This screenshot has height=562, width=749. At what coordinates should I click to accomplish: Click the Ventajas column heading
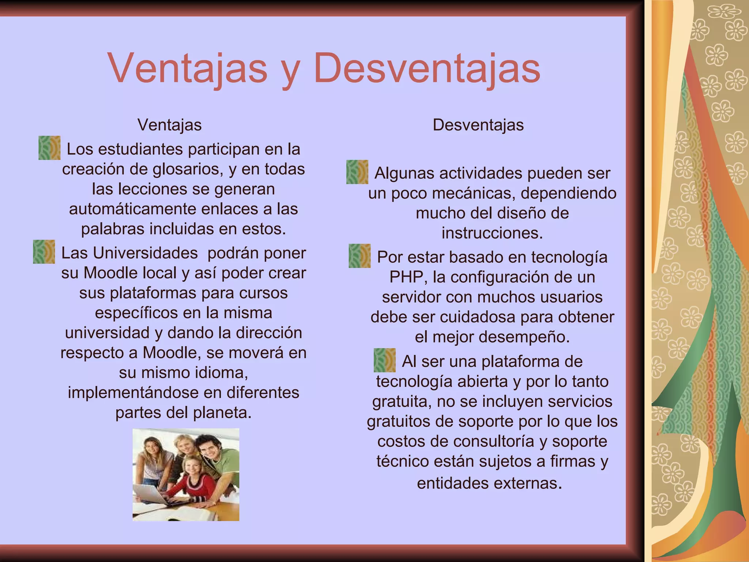click(x=169, y=125)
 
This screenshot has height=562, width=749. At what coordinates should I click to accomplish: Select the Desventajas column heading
click(x=478, y=125)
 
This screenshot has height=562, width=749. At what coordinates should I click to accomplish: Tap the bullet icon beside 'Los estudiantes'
click(x=49, y=148)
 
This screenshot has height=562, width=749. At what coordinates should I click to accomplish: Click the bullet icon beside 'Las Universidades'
click(x=44, y=252)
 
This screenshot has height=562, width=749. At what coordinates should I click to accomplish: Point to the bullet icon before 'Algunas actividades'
click(x=357, y=172)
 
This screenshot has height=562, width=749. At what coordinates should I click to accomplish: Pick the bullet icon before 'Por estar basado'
click(x=360, y=256)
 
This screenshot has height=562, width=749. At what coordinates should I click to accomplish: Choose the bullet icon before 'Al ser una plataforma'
click(x=384, y=360)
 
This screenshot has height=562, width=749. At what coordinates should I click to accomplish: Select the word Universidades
click(x=129, y=253)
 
